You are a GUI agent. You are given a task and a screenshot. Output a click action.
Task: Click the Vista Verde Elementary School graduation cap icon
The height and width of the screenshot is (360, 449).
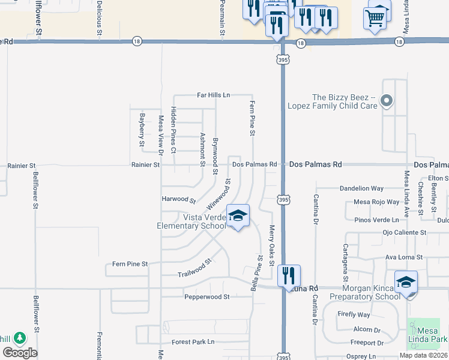(x=238, y=215)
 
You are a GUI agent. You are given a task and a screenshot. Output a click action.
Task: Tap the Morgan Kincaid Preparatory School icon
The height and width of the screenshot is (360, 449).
(x=406, y=282)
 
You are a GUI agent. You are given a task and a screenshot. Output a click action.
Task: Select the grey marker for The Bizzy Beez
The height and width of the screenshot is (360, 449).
(x=387, y=101)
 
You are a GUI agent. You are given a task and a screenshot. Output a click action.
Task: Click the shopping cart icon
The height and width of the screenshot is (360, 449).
(x=375, y=19)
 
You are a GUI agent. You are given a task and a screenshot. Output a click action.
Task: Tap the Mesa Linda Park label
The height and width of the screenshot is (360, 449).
(x=427, y=334)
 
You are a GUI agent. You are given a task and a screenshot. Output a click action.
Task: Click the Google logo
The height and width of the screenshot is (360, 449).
(x=20, y=352)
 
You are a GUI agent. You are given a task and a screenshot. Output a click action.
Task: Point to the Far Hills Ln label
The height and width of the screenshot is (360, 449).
(x=214, y=95)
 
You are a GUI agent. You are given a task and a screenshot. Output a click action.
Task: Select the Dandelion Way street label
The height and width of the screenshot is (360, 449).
(x=361, y=188)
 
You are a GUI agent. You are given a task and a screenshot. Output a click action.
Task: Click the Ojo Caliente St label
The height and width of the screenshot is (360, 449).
(x=404, y=232)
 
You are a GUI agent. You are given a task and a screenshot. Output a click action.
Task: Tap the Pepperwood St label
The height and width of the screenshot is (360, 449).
(x=207, y=296)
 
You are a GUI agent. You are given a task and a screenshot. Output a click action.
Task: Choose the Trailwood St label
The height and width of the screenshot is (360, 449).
(x=195, y=269)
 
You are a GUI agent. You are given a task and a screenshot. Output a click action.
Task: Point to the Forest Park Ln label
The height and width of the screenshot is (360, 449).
(x=193, y=342)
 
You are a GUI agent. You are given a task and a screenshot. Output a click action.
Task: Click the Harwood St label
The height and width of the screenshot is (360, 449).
(x=179, y=199)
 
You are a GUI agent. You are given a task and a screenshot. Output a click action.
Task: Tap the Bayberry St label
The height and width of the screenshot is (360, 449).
(x=142, y=130)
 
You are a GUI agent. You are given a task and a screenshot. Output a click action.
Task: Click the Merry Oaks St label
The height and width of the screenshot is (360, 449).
(x=271, y=245)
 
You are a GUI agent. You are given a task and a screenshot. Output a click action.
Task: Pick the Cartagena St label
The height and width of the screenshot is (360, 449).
(x=345, y=263)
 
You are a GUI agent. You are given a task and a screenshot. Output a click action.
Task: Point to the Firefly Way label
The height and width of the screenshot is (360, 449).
(x=354, y=314)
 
